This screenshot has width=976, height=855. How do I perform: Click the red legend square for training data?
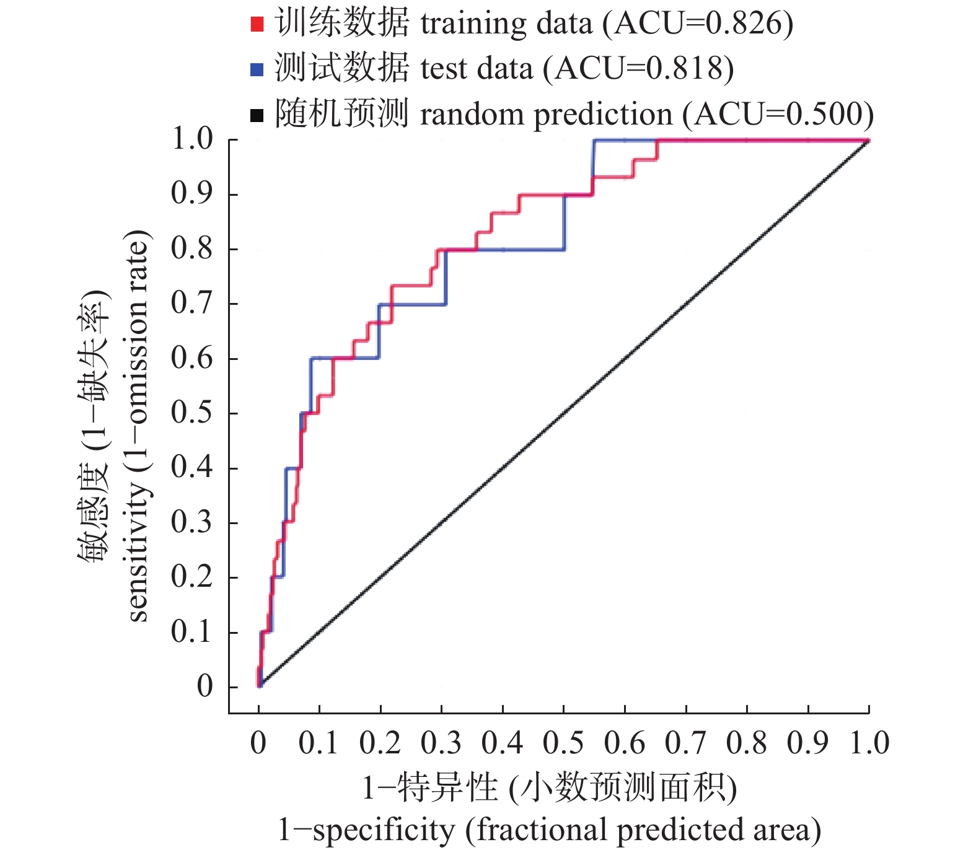pos(257,24)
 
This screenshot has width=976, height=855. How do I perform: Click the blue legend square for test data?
pos(257,69)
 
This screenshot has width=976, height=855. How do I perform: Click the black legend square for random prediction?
pos(257,115)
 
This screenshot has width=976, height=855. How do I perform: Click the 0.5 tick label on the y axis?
pos(192,413)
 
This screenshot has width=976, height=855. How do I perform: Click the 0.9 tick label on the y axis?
pos(192,194)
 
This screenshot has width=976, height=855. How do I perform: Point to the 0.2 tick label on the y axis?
pos(192,577)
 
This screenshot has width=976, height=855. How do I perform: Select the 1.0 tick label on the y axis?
pos(192,139)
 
